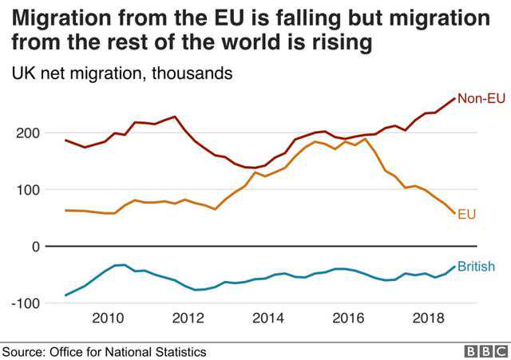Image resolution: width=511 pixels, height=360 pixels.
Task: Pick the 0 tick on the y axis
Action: [x=34, y=247]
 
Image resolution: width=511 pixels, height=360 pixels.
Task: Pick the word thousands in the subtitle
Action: [x=192, y=73]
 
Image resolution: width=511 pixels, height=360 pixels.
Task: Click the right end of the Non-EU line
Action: [x=454, y=98]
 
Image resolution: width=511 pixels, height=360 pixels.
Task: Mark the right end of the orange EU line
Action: [x=454, y=214]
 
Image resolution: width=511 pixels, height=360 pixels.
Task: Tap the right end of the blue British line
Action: [x=455, y=267]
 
